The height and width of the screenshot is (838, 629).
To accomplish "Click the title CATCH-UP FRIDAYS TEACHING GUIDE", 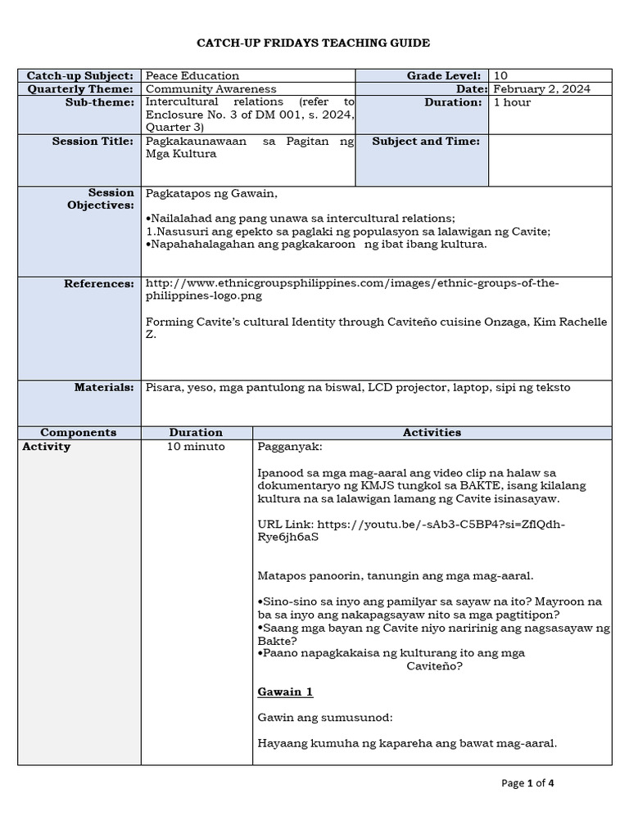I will [x=314, y=43].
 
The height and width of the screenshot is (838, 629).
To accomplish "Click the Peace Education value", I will [x=192, y=75].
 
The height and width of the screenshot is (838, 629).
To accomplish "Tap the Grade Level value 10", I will [x=500, y=75].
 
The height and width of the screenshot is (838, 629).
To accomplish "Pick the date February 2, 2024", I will [x=541, y=88].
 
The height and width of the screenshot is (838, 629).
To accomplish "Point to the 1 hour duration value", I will [x=512, y=102].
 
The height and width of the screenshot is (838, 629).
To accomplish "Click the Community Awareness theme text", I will [x=210, y=88].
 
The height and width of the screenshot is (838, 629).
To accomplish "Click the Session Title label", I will [x=93, y=142].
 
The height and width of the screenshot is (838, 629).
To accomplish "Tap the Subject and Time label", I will [x=426, y=142].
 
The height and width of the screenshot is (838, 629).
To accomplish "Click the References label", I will [x=99, y=283].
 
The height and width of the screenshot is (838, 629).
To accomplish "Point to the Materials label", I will [x=104, y=387].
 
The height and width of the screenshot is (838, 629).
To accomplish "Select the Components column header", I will [x=79, y=432].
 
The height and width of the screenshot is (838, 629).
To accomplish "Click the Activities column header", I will [x=432, y=432].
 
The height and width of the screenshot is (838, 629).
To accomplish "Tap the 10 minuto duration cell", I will [x=196, y=446].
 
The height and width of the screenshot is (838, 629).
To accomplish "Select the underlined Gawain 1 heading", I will [x=285, y=692].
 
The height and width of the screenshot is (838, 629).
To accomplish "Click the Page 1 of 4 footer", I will [x=528, y=783].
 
